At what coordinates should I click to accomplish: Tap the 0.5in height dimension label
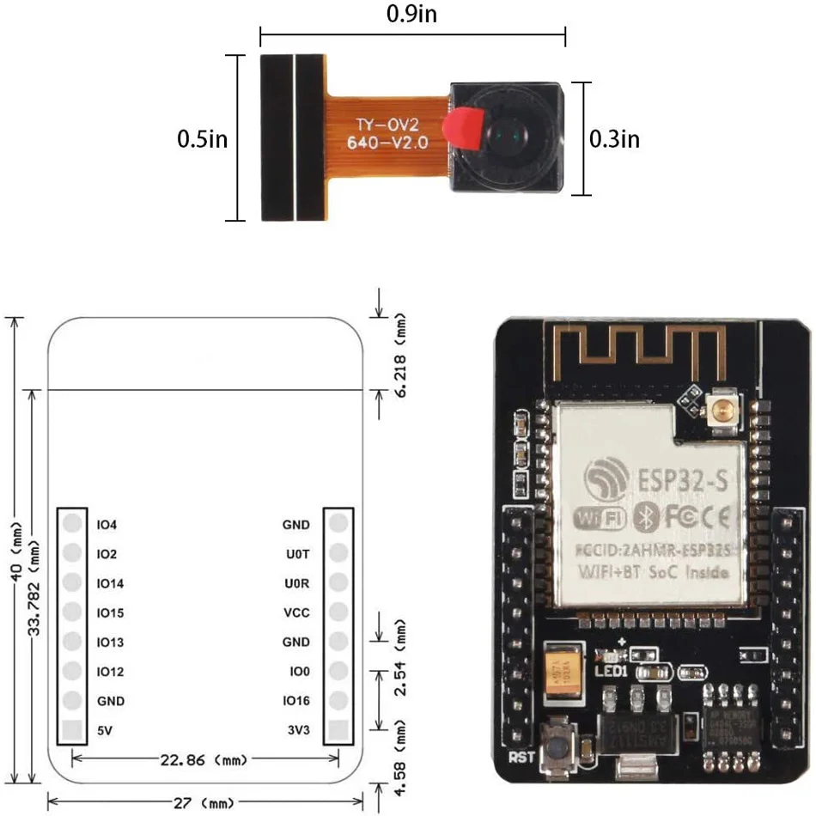pyautogui.click(x=202, y=138)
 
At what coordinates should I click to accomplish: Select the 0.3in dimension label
pyautogui.click(x=614, y=138)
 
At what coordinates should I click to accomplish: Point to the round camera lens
pyautogui.click(x=507, y=136)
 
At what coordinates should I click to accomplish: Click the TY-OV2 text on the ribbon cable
pyautogui.click(x=387, y=125)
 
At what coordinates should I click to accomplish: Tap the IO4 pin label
pyautogui.click(x=107, y=524)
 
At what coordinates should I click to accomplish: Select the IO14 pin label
pyautogui.click(x=111, y=583)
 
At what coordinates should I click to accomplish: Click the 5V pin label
pyautogui.click(x=105, y=730)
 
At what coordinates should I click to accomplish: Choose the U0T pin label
pyautogui.click(x=296, y=554)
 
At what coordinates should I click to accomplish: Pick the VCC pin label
pyautogui.click(x=296, y=612)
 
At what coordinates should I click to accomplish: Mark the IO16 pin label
pyautogui.click(x=295, y=701)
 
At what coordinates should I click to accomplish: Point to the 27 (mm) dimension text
pyautogui.click(x=204, y=803)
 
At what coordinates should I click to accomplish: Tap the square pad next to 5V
pyautogui.click(x=73, y=730)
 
